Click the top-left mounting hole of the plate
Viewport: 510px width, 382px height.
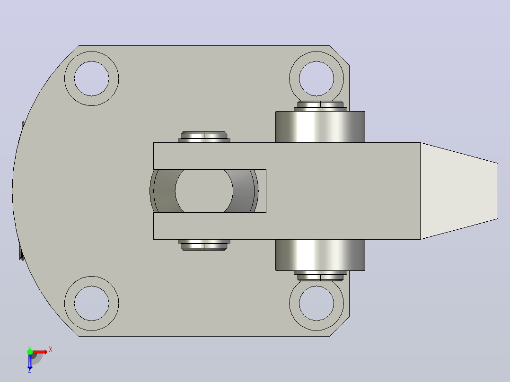point(91,78)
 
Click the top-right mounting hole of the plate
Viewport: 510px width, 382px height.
point(317,78)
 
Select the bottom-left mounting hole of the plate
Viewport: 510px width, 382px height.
point(91,304)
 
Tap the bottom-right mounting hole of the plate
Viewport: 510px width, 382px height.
point(317,304)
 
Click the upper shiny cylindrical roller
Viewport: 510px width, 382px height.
point(320,127)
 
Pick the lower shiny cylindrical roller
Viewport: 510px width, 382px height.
point(320,255)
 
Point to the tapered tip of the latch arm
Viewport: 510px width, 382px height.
point(459,191)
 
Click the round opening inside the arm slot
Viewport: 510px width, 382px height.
point(204,191)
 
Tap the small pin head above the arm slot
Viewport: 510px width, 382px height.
point(204,137)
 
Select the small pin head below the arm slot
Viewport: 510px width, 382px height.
point(204,245)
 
